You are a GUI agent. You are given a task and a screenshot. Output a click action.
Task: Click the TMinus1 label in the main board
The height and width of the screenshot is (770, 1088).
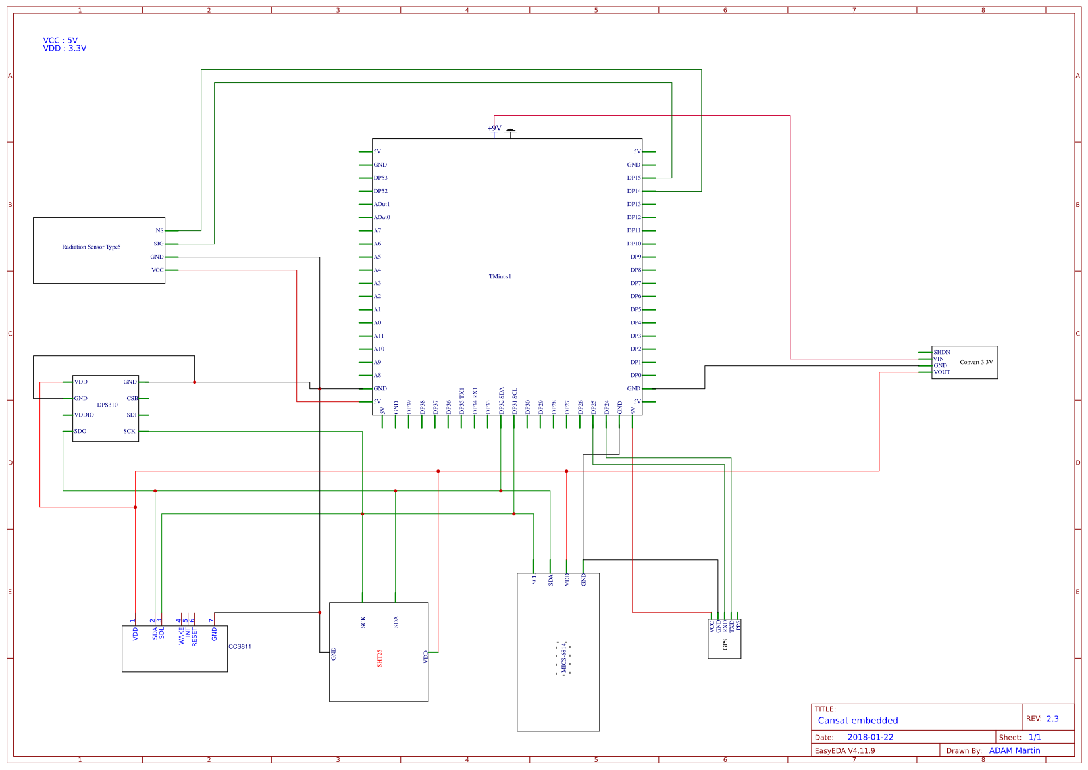500,276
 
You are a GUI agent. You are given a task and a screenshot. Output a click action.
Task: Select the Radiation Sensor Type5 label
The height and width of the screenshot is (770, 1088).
91,247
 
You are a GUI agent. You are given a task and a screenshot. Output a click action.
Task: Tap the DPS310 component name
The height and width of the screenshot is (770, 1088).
107,405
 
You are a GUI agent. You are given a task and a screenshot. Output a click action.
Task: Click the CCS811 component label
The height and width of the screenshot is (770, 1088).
240,646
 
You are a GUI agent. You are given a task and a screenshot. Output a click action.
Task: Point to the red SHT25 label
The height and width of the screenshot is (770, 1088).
380,658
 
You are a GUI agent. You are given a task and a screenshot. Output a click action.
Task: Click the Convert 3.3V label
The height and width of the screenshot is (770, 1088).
976,362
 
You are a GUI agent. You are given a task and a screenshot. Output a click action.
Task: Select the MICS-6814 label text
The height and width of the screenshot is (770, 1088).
563,658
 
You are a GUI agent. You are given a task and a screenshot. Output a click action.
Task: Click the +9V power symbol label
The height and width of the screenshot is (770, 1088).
494,128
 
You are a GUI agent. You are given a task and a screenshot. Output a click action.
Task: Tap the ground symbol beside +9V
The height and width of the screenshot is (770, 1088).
511,131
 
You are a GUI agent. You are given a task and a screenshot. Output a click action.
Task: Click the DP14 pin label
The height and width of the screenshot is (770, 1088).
634,191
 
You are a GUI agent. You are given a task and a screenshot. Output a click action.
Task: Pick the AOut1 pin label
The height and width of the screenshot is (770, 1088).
382,204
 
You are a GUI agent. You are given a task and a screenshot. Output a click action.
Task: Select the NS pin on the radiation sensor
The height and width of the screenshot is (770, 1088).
159,230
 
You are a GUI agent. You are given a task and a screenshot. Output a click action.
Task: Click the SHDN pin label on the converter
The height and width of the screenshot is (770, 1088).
942,352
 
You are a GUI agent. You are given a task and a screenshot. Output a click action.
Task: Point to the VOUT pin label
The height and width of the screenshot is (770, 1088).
942,372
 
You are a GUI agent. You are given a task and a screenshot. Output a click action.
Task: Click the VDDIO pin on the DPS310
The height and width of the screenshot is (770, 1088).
84,415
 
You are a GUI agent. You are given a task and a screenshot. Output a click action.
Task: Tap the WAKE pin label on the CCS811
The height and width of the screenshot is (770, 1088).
182,636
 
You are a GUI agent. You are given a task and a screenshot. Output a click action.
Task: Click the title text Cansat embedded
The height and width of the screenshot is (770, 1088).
858,721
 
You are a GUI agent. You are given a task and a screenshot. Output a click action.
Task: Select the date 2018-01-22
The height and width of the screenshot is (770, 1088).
870,737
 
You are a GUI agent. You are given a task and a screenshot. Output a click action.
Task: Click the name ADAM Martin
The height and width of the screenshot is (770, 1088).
1014,750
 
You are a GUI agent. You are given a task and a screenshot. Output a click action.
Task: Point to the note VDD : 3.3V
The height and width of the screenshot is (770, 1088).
65,49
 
